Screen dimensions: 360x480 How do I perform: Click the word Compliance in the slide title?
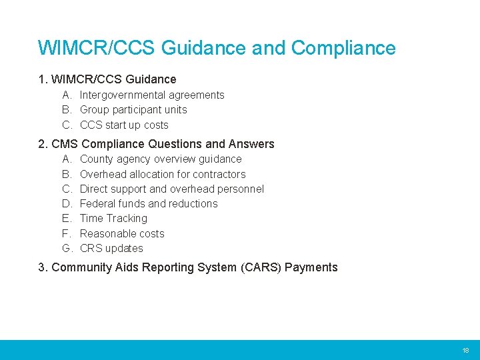coord(343,48)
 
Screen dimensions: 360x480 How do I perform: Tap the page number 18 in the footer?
coord(465,350)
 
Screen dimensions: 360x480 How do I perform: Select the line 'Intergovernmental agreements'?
coord(152,95)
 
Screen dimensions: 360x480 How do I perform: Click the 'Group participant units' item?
coord(133,110)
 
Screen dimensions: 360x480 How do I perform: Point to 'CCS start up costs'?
coord(124,125)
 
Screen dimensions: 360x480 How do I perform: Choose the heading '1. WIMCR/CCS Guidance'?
coord(107,80)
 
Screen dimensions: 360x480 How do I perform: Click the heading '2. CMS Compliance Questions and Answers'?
coord(157,144)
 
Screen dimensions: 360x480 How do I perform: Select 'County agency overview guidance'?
coord(161,159)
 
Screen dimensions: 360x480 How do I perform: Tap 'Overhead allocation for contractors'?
coord(163,174)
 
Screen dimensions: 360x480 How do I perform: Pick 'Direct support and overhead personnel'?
coord(171,189)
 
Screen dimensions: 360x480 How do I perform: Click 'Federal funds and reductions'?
coord(149,204)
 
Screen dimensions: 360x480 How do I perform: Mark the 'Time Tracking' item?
coord(113,219)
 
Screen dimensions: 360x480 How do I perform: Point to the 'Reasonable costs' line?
coord(122,233)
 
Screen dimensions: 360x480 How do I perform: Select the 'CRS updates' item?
coord(111,249)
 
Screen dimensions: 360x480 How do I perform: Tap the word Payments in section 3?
coord(311,268)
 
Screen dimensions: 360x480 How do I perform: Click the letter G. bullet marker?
coord(67,249)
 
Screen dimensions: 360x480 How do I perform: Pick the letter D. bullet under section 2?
coord(67,204)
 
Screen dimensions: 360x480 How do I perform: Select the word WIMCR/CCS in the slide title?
coord(97,48)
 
